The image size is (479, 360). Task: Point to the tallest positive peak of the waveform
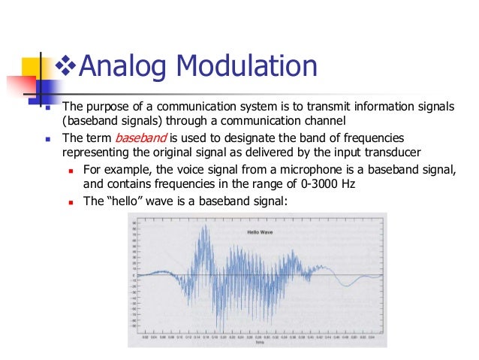pos(200,227)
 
